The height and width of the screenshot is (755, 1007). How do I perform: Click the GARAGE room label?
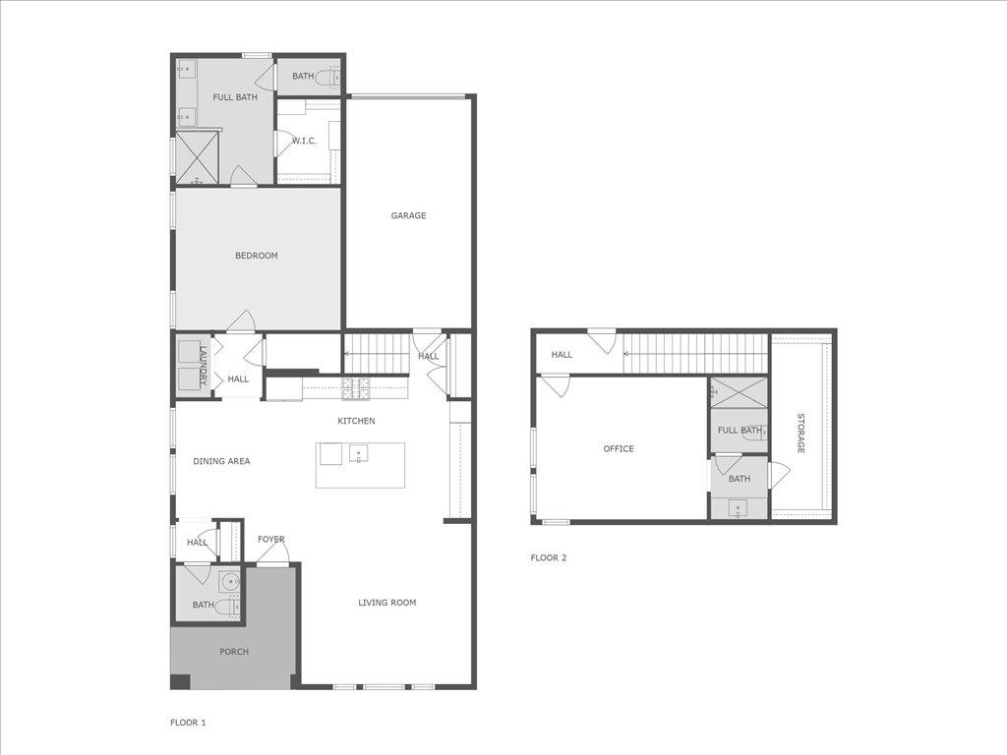[x=408, y=215]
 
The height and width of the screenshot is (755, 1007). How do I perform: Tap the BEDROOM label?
[x=256, y=256]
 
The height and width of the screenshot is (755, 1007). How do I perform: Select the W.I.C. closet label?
[x=304, y=141]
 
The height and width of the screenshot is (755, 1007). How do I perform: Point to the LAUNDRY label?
[x=204, y=365]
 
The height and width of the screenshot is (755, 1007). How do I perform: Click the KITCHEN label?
[x=356, y=421]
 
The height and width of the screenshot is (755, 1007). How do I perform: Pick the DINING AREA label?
[x=221, y=461]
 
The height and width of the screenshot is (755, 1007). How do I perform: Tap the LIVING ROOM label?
[x=386, y=603]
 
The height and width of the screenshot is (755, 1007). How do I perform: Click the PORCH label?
[x=234, y=652]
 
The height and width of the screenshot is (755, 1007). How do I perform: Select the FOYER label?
[x=271, y=539]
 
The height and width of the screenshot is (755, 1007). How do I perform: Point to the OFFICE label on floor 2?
[x=619, y=448]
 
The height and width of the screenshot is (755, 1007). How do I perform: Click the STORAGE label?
[x=800, y=433]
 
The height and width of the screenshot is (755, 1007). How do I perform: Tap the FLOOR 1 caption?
[x=188, y=723]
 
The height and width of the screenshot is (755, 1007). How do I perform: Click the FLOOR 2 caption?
[x=549, y=557]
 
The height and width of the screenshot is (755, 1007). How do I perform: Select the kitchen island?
[x=360, y=464]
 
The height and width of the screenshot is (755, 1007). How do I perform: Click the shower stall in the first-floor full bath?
[x=198, y=158]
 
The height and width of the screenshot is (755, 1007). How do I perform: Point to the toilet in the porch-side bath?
[x=225, y=607]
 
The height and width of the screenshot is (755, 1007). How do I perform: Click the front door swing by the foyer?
[x=274, y=553]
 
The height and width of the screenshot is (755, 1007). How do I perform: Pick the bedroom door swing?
[x=241, y=320]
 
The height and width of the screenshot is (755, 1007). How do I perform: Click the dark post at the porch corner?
[x=180, y=681]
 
